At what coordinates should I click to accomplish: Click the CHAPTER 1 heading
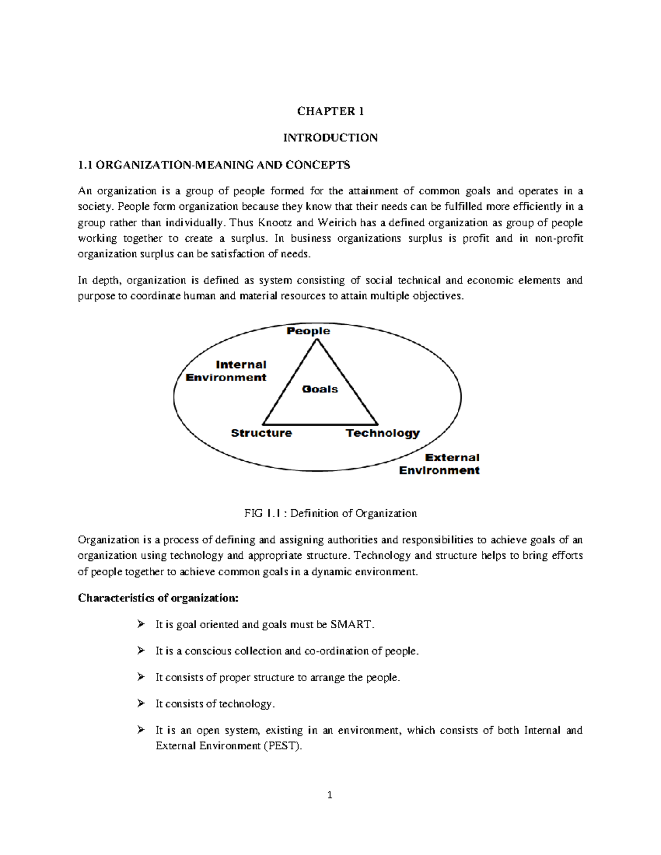pyautogui.click(x=330, y=111)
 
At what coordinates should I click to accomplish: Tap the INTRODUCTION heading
pyautogui.click(x=330, y=138)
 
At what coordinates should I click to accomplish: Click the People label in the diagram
pyautogui.click(x=308, y=331)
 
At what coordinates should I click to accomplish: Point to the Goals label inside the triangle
pyautogui.click(x=319, y=389)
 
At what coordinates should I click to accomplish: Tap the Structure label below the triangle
pyautogui.click(x=261, y=433)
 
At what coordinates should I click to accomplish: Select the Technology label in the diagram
pyautogui.click(x=382, y=433)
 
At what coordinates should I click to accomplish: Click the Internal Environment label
pyautogui.click(x=226, y=371)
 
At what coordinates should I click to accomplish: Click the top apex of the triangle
pyautogui.click(x=317, y=340)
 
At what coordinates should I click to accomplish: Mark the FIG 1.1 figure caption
pyautogui.click(x=330, y=514)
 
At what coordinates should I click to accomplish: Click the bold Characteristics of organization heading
pyautogui.click(x=158, y=598)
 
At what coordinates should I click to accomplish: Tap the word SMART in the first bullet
pyautogui.click(x=351, y=625)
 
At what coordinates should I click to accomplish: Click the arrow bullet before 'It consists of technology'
pyautogui.click(x=141, y=704)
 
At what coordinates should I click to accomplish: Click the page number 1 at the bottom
pyautogui.click(x=330, y=795)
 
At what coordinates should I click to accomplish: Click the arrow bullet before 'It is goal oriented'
pyautogui.click(x=141, y=624)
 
